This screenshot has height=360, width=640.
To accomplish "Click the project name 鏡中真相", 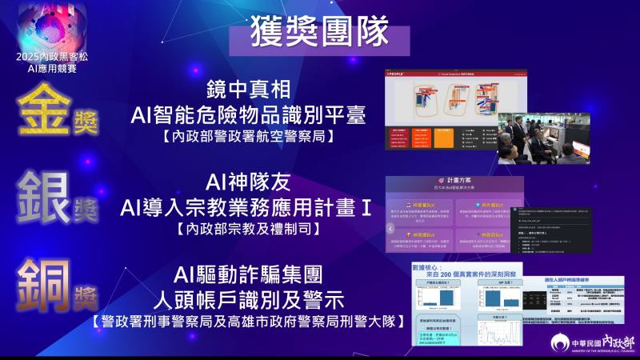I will [x=247, y=90].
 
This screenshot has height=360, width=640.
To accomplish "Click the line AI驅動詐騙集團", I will [x=247, y=276].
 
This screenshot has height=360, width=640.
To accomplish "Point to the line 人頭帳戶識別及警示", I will [x=247, y=301].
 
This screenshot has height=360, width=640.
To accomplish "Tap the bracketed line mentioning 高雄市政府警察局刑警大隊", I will [x=247, y=322].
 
